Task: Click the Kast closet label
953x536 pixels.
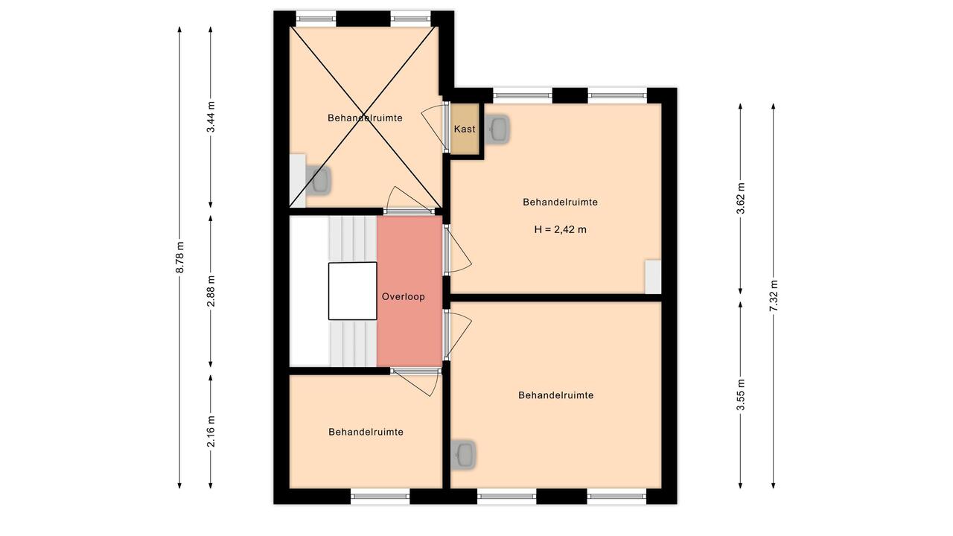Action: [x=464, y=129]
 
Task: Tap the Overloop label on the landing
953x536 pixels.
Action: [x=404, y=296]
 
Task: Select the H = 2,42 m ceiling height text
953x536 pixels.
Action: [x=561, y=230]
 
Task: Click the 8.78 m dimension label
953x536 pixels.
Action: [x=180, y=258]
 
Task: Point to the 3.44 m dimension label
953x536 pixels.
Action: [x=211, y=117]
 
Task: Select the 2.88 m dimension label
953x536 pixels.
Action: [x=211, y=291]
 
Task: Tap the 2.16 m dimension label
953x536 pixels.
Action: [x=211, y=431]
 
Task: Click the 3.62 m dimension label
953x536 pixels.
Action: [x=741, y=198]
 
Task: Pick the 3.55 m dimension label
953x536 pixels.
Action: [x=741, y=395]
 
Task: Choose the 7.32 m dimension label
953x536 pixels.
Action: [x=774, y=296]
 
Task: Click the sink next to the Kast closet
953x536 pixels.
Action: [x=497, y=129]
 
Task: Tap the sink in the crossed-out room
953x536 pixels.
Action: [x=319, y=180]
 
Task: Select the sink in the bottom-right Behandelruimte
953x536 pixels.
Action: [x=463, y=455]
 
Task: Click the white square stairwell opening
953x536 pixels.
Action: [x=353, y=291]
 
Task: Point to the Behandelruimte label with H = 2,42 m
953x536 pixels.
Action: [x=561, y=202]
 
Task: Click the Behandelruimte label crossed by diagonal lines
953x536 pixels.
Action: [x=365, y=118]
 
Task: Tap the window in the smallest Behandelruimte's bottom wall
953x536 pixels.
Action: [x=380, y=496]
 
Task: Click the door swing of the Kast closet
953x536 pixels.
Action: [x=433, y=127]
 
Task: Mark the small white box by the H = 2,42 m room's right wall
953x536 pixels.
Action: [x=653, y=277]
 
